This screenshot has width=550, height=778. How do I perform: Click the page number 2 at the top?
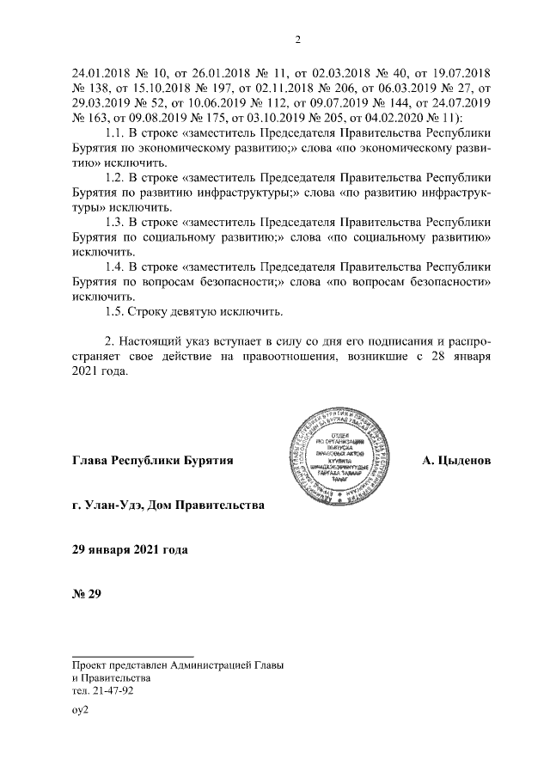coord(296,39)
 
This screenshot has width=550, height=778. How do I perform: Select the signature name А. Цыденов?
coord(456,461)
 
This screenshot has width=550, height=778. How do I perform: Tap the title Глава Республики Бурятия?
coord(154,461)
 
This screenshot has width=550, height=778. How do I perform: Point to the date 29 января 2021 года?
coord(130,549)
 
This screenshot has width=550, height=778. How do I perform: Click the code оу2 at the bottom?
coord(81,710)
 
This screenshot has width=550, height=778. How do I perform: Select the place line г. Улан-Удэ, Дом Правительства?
coord(168,505)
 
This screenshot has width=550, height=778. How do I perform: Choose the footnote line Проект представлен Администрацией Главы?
coord(179,665)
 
